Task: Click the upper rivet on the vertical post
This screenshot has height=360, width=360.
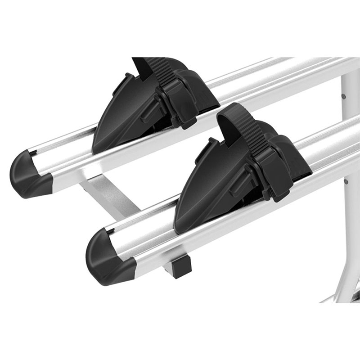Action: [x=344, y=96]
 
